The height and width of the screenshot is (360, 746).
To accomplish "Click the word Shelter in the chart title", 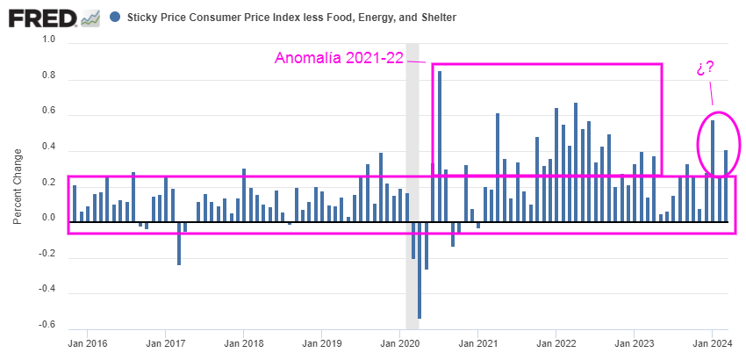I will (436, 18).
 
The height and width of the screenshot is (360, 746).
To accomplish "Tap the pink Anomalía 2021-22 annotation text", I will (338, 59).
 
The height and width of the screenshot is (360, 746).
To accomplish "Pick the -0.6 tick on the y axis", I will (46, 325).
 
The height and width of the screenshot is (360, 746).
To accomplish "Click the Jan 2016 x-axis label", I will (86, 343).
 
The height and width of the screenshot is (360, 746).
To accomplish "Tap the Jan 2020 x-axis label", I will (399, 343).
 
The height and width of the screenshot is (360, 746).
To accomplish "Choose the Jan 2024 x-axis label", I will (714, 343).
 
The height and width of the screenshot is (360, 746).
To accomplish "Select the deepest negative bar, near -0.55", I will (420, 269).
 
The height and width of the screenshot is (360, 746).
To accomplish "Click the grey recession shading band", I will (412, 132).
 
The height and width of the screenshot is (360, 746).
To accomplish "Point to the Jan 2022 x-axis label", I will (556, 343).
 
